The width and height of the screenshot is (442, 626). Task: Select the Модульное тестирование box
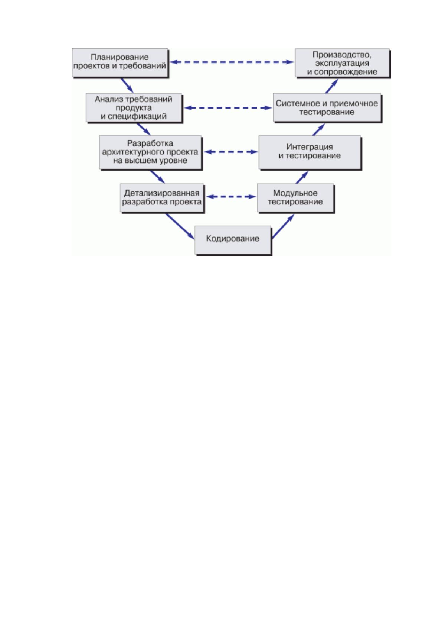click(295, 198)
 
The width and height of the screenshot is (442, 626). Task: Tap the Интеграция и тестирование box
click(310, 152)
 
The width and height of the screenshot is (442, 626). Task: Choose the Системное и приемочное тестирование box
click(327, 107)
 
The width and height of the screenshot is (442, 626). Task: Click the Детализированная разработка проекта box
click(162, 198)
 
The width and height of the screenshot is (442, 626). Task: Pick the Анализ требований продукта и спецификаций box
click(134, 107)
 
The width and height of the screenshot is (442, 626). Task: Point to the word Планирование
click(120, 57)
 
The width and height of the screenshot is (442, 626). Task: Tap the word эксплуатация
click(342, 63)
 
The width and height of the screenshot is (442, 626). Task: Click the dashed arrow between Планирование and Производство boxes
click(232, 62)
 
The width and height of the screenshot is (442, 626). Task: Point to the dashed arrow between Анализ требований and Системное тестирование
click(228, 107)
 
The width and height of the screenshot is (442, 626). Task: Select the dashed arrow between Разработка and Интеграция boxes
click(231, 152)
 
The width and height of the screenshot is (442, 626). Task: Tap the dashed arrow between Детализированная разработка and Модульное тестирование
click(231, 197)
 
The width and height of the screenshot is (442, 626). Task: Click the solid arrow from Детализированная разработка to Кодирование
click(180, 226)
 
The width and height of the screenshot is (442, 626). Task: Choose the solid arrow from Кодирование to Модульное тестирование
click(283, 226)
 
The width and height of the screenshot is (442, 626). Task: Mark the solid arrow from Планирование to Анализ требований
click(127, 85)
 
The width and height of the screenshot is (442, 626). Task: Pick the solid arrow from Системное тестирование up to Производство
click(332, 86)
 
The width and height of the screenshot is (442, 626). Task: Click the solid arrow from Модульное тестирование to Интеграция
click(302, 177)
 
